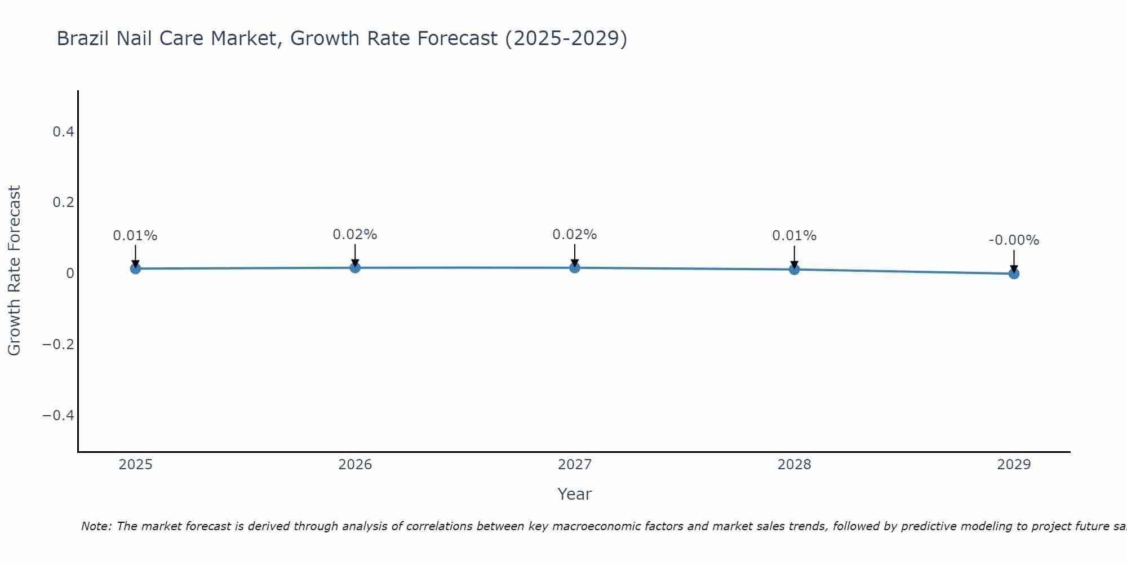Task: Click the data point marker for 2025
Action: click(x=135, y=268)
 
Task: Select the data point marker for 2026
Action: click(x=355, y=267)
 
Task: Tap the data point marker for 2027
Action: click(x=575, y=267)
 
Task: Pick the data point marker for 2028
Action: click(x=794, y=270)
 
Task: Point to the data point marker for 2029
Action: click(x=1014, y=274)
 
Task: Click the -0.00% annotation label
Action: click(x=1014, y=240)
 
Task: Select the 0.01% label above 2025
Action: click(x=135, y=236)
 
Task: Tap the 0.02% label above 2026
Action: click(x=355, y=235)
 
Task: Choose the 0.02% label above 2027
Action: click(x=575, y=235)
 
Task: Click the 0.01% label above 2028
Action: click(x=794, y=236)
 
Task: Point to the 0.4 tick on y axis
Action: click(x=63, y=132)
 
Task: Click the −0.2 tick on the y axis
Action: click(x=59, y=345)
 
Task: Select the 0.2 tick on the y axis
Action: click(x=63, y=202)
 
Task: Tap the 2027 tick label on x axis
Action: click(x=575, y=465)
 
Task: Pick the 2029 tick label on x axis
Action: click(x=1014, y=465)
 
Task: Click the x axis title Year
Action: click(x=574, y=494)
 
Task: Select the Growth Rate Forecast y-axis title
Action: click(x=14, y=271)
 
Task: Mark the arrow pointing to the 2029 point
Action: click(x=1014, y=261)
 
